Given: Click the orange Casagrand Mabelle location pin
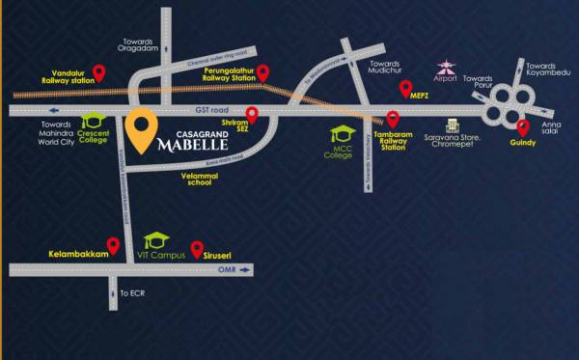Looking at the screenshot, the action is (143, 133).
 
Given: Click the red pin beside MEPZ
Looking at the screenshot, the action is (405, 89).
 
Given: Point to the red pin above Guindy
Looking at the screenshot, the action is (523, 127).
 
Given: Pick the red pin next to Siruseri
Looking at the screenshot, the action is (197, 248).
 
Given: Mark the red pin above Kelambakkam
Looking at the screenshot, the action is (113, 245).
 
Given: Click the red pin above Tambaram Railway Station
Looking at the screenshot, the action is (393, 120).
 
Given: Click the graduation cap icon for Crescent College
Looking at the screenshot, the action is (93, 120).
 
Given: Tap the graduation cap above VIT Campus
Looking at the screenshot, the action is (154, 239).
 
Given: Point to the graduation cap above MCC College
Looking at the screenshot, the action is (342, 134).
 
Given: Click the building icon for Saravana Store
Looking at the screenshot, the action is (450, 126).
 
